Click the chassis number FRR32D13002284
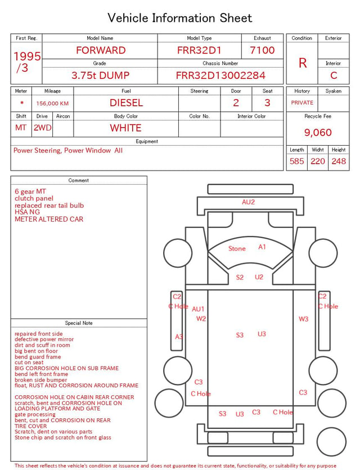click(220, 75)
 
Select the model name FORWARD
click(101, 50)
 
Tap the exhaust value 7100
click(262, 50)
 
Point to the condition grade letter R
click(303, 63)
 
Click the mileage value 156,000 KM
click(52, 104)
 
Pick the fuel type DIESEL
click(126, 103)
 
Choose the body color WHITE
click(125, 128)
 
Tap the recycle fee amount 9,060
click(318, 132)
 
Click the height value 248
click(339, 161)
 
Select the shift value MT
click(21, 128)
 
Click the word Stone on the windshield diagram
click(237, 248)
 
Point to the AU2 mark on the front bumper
click(248, 202)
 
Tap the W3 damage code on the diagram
click(303, 319)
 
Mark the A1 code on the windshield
click(262, 247)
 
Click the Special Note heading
click(79, 323)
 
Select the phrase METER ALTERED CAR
click(49, 219)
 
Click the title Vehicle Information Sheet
click(179, 18)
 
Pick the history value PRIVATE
click(302, 102)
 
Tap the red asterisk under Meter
click(22, 103)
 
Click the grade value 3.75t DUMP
click(100, 75)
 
